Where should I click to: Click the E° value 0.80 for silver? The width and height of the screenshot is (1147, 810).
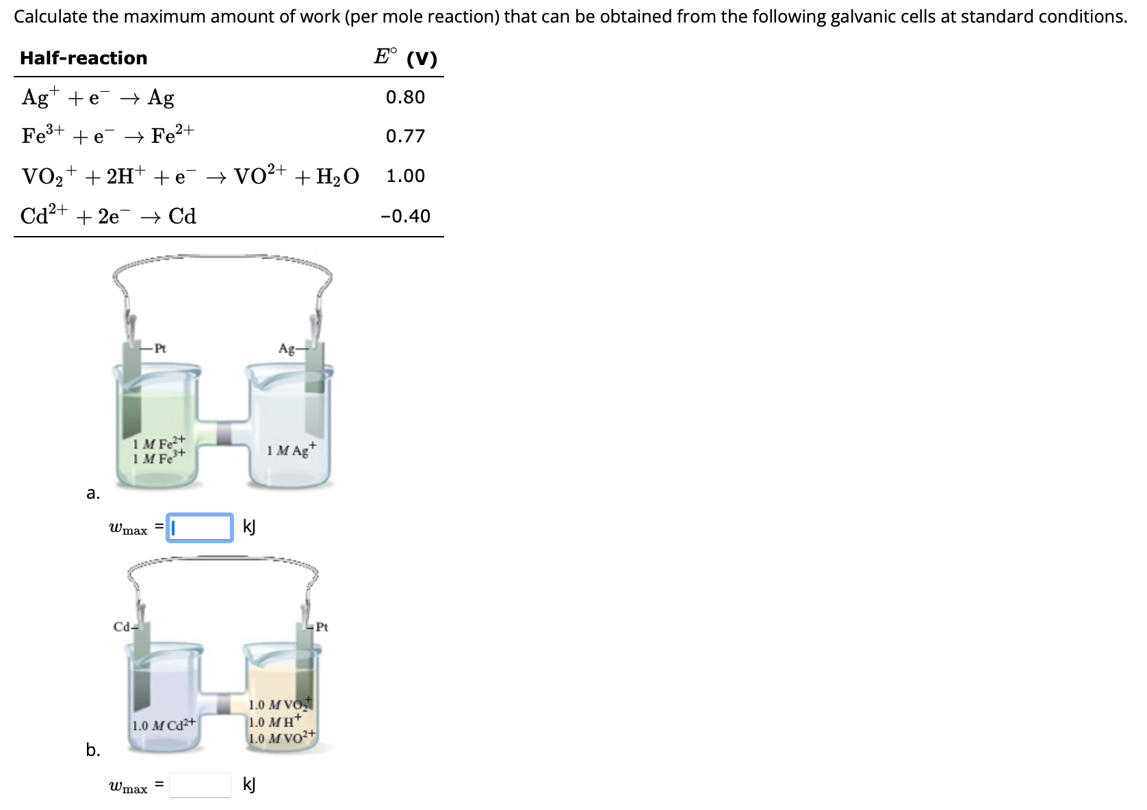pyautogui.click(x=405, y=97)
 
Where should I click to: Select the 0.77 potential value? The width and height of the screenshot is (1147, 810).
pyautogui.click(x=405, y=136)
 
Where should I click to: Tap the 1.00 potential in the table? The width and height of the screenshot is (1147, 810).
pyautogui.click(x=405, y=176)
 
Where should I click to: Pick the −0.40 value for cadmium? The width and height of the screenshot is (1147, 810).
pyautogui.click(x=405, y=216)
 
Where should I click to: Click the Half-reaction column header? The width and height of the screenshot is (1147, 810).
pyautogui.click(x=83, y=58)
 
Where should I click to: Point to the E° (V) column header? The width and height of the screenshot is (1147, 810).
pyautogui.click(x=405, y=57)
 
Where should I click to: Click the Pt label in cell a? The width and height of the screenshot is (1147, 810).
pyautogui.click(x=159, y=348)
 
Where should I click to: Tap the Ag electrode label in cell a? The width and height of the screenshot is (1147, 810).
pyautogui.click(x=287, y=349)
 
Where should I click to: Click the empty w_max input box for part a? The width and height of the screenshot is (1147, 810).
pyautogui.click(x=200, y=527)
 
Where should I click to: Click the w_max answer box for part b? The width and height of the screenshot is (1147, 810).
pyautogui.click(x=200, y=785)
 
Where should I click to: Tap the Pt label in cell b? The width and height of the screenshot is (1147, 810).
pyautogui.click(x=322, y=627)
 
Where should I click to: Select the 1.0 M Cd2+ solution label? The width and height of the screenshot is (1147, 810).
pyautogui.click(x=164, y=724)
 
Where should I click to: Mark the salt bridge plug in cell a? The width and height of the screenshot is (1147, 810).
pyautogui.click(x=224, y=434)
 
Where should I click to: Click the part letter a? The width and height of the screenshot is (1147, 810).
pyautogui.click(x=93, y=493)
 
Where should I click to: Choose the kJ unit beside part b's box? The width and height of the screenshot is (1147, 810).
pyautogui.click(x=249, y=785)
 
